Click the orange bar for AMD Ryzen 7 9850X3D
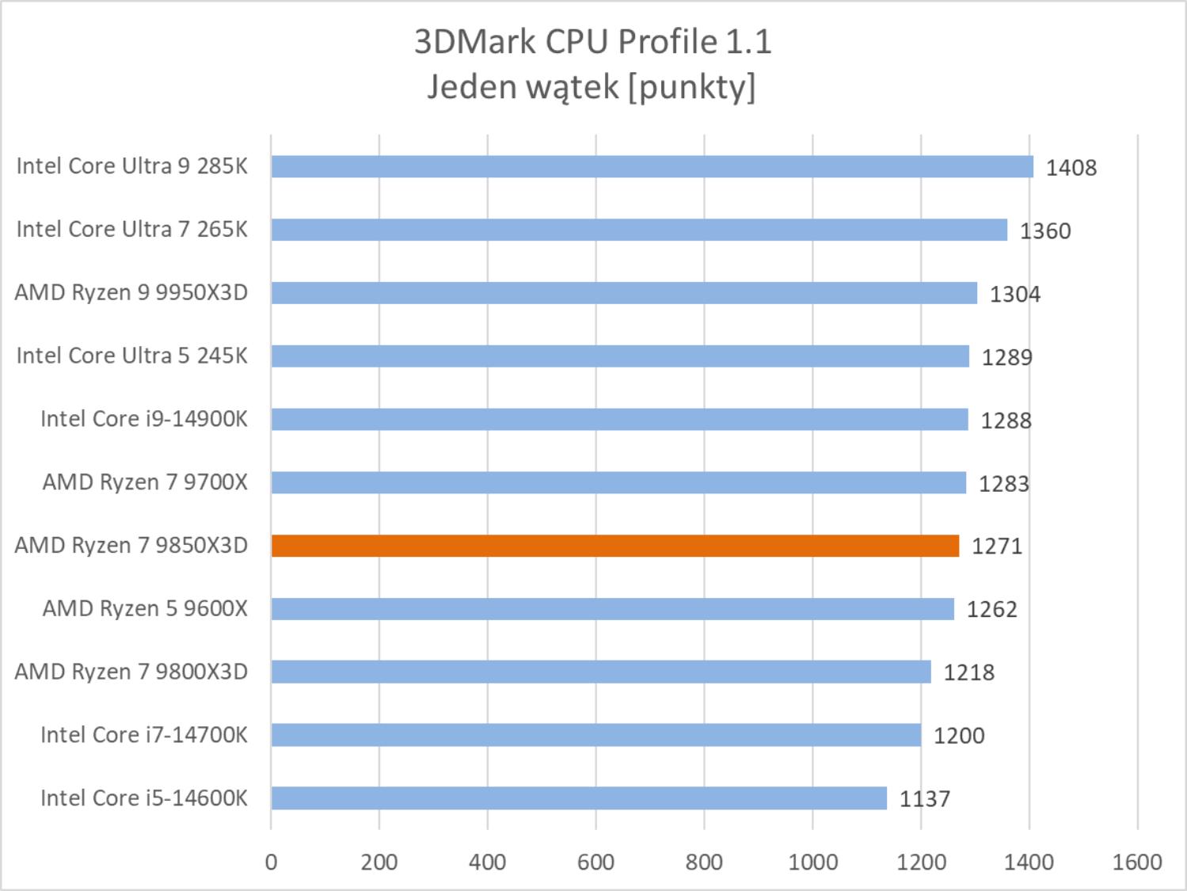614,546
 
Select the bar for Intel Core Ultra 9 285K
652,166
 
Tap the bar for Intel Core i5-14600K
579,798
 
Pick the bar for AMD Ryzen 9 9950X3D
624,293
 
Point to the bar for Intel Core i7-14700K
595,735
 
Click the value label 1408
1071,168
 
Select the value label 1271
996,546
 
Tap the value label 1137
924,799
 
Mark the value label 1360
1044,231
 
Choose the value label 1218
968,672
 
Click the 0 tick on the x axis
271,862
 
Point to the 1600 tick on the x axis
1137,862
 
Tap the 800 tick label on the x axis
704,862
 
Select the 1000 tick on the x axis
812,862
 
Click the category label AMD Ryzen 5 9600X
145,608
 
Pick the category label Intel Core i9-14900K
143,419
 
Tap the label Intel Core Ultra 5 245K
131,356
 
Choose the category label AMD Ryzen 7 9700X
145,482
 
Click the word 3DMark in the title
475,42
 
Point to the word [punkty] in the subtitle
691,87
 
